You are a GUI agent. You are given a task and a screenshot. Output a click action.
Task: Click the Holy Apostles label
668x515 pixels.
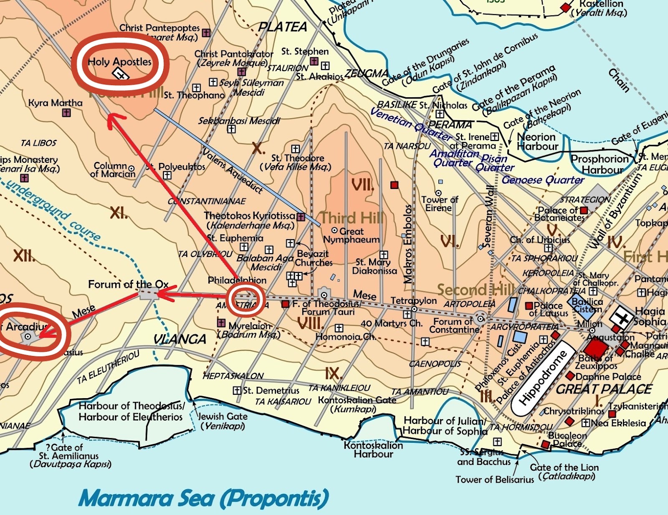[119, 62]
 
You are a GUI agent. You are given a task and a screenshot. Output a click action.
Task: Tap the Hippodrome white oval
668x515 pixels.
[543, 378]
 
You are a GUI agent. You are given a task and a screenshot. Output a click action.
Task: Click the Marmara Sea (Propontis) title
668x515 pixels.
[203, 498]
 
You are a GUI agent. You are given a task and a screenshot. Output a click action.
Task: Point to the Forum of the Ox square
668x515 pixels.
[149, 293]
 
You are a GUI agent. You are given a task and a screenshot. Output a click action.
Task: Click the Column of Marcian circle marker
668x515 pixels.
[132, 169]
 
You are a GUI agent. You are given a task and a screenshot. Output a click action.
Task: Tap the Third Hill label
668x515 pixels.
[352, 217]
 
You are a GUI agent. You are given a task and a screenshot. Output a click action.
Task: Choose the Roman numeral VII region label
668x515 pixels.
[362, 184]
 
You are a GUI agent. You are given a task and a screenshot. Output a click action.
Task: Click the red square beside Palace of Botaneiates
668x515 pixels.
[584, 210]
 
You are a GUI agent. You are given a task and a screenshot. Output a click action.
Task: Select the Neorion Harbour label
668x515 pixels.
[536, 141]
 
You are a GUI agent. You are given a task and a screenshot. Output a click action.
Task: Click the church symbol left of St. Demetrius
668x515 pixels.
[237, 391]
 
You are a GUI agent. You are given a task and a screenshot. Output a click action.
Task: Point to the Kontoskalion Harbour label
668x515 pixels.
[373, 449]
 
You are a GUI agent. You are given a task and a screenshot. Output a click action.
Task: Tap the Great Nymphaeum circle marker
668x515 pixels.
[334, 230]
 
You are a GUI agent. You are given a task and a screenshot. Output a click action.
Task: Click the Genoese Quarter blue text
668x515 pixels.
[543, 180]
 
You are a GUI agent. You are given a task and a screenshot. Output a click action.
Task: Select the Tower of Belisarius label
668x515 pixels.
[494, 480]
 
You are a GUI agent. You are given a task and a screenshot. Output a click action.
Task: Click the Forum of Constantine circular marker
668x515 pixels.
[481, 319]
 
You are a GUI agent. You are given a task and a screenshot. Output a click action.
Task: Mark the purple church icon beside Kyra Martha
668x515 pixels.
[66, 113]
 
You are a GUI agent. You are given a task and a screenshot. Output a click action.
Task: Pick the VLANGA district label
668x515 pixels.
[180, 339]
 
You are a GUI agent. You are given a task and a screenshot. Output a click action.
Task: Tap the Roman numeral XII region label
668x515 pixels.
[24, 255]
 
